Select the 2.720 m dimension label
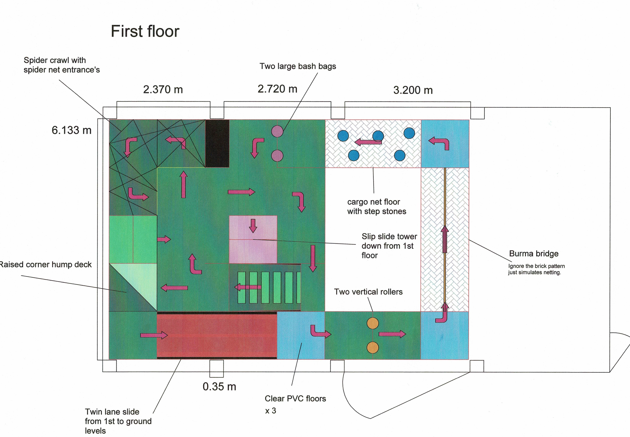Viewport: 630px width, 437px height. point(277,89)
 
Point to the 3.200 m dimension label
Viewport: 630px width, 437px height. point(413,90)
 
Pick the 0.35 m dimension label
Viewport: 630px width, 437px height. point(219,386)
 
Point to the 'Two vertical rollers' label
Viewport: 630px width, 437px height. point(368,292)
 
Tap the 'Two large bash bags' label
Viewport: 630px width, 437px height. point(298,66)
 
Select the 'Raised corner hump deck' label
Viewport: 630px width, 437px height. point(45,264)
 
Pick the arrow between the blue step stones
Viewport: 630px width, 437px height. point(368,142)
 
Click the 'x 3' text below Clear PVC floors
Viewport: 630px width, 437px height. point(270,411)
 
